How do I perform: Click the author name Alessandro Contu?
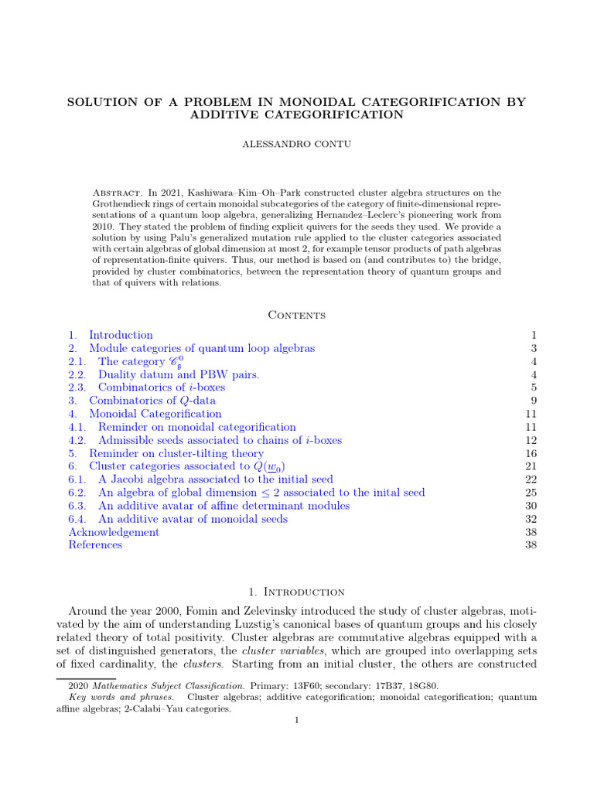click(x=297, y=145)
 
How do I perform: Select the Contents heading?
click(x=297, y=315)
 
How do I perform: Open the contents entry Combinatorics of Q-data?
click(x=152, y=401)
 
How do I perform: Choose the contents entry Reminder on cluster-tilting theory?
click(x=176, y=453)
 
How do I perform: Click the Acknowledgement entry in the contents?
click(x=114, y=532)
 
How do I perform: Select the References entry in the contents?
click(x=95, y=545)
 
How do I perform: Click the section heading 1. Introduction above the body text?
click(x=297, y=592)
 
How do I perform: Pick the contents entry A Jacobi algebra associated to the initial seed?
click(x=215, y=480)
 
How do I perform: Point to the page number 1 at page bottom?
click(x=297, y=721)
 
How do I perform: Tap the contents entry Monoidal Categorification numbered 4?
click(x=155, y=414)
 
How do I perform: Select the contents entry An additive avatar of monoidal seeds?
click(x=193, y=519)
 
